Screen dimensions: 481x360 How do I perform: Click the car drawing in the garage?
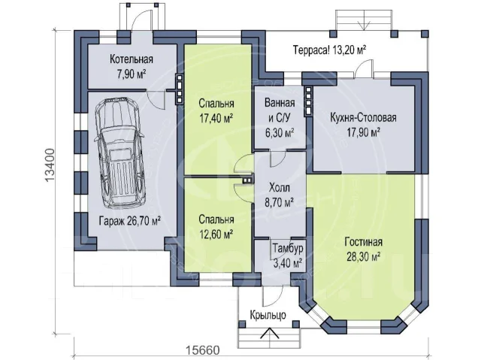[119, 153]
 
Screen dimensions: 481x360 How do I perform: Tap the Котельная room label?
[132, 59]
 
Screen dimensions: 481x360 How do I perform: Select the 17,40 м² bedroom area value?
[216, 118]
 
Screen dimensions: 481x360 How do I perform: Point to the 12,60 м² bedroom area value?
[216, 234]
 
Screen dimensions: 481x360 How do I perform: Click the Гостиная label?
[363, 242]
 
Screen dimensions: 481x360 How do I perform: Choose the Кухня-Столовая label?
[363, 117]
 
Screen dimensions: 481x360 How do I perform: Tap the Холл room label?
[280, 187]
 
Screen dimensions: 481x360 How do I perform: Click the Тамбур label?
[288, 248]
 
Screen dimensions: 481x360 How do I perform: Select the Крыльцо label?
[268, 315]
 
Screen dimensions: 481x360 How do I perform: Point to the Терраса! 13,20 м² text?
[330, 50]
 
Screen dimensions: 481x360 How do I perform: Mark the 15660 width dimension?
[203, 350]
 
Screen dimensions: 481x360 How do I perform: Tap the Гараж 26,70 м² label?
[130, 220]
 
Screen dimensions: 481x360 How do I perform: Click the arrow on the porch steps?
[270, 334]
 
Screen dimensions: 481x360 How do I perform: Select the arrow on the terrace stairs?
[364, 22]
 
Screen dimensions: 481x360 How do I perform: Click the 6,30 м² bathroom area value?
[280, 133]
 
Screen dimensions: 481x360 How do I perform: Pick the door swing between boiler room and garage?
[156, 99]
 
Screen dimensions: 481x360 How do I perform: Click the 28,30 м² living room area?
[364, 256]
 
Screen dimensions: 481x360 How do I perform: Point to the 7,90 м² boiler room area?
[132, 74]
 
